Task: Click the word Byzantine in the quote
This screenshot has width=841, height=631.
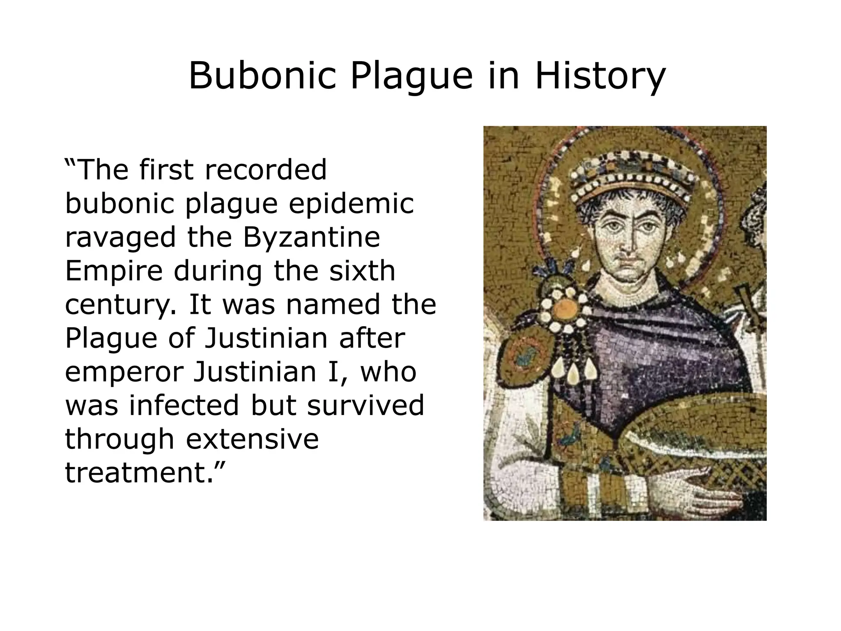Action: tap(312, 237)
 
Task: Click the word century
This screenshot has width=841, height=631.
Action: tap(121, 305)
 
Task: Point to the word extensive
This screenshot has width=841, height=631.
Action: tap(252, 439)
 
